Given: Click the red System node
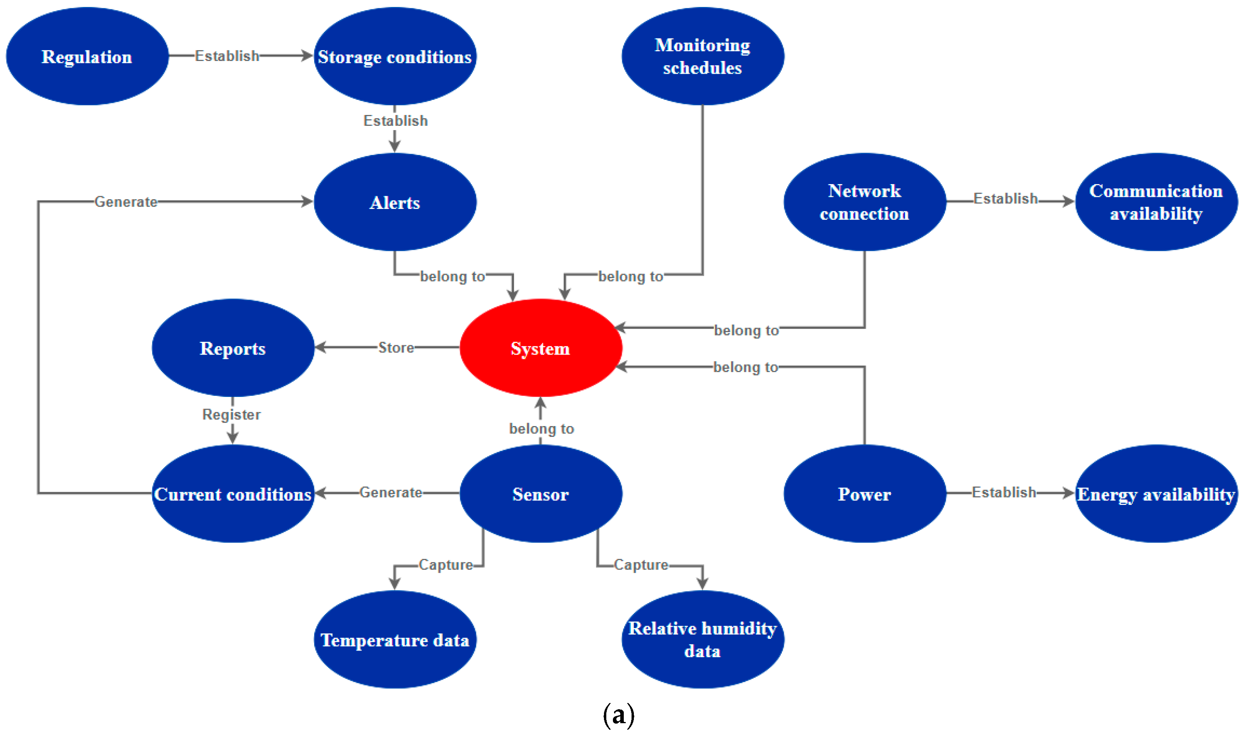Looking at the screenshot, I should pos(540,348).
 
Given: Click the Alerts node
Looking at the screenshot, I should pos(395,202).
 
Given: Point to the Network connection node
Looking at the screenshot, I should pos(864,202).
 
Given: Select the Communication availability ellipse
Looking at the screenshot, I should pos(1156,202).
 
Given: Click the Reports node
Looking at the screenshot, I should pos(233,348).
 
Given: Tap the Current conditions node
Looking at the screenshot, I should pos(233,494).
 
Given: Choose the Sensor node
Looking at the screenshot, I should pos(540,494).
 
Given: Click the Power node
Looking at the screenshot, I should pos(864,494).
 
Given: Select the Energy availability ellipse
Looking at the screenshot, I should pos(1156,494).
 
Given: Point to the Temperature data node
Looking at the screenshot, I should pos(395,640).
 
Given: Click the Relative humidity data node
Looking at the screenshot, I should pos(702,640).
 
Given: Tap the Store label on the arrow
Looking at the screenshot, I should pos(396,348).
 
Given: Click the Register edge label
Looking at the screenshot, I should pos(231,415).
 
